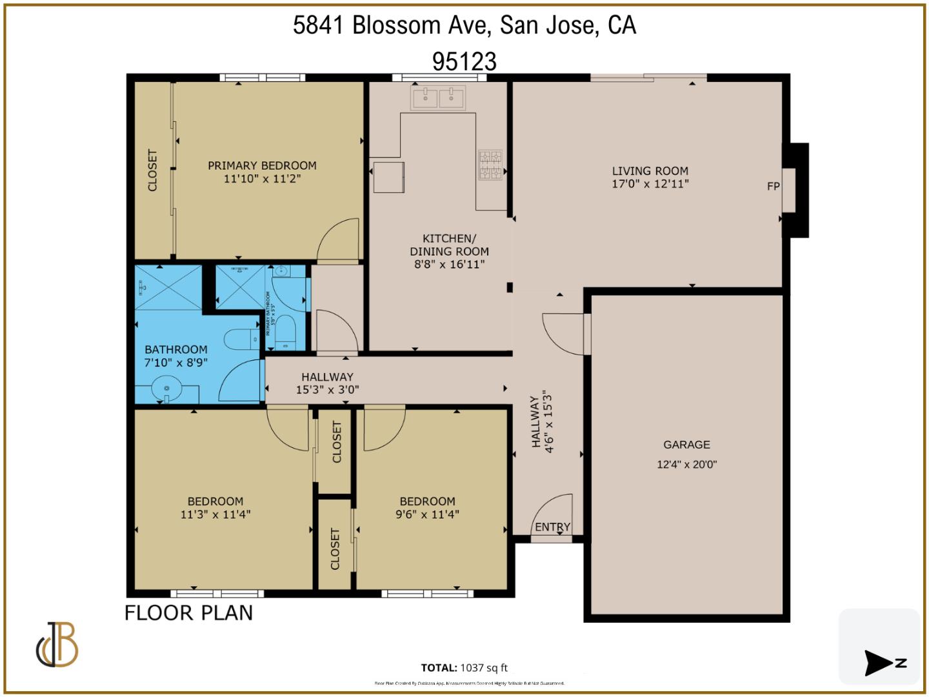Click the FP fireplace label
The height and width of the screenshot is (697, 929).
pos(773,187)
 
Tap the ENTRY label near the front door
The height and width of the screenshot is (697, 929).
pos(552,527)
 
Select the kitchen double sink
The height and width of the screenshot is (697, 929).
pos(438,99)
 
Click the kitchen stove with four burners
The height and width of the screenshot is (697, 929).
pos(490,165)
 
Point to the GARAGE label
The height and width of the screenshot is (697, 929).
pos(686,445)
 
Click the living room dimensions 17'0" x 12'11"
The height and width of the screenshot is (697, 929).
pos(650,184)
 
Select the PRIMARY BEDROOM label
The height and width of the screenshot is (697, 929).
pos(262,166)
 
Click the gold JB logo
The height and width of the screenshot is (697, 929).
pos(57,645)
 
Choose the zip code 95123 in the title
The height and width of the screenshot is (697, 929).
pos(464,62)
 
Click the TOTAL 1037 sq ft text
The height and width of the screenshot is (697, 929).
pos(464,668)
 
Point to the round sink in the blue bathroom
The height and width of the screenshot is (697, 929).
pos(166,389)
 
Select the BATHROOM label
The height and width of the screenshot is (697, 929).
pos(175,349)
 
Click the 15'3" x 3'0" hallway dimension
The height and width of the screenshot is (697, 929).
pos(327,390)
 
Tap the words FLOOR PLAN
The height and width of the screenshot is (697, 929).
pos(188,612)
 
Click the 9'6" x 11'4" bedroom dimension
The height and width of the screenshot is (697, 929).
pos(427,514)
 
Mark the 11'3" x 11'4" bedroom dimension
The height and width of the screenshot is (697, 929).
pos(215,514)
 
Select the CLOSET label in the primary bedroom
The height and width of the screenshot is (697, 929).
pos(153,170)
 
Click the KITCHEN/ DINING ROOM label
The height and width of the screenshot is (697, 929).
pos(449,245)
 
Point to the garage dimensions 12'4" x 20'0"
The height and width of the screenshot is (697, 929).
pos(686,464)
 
